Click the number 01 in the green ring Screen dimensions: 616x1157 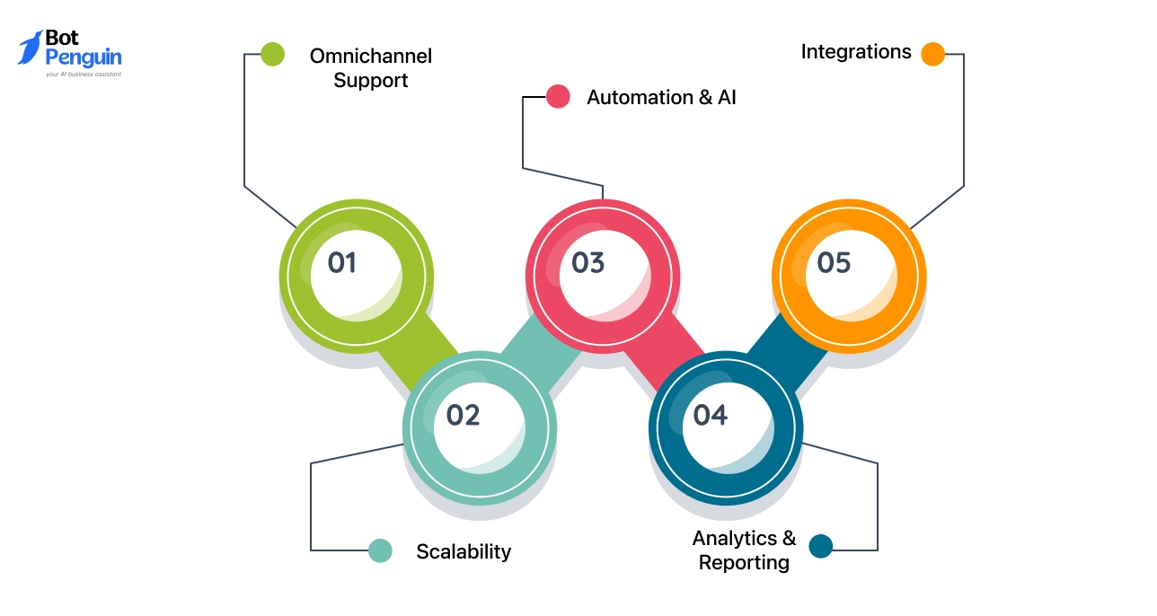(342, 263)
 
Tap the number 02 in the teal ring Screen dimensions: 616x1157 (464, 416)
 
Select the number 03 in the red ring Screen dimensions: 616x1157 (588, 263)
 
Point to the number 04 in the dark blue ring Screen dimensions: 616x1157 (710, 416)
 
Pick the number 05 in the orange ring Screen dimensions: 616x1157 (834, 263)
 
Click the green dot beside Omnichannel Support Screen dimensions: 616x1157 (273, 55)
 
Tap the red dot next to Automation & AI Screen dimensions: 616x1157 (558, 97)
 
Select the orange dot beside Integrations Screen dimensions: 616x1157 (932, 55)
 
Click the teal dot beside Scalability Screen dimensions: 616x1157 (381, 550)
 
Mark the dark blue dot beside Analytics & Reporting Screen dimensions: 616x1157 (821, 546)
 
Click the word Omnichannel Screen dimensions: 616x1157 (370, 57)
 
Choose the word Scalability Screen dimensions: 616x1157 (464, 551)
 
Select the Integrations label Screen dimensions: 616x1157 (855, 52)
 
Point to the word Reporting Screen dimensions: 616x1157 (744, 563)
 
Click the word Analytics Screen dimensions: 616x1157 (734, 538)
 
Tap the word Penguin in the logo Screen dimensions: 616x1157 (84, 58)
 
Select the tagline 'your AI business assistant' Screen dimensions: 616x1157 (84, 75)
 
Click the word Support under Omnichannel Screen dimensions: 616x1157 (370, 81)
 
